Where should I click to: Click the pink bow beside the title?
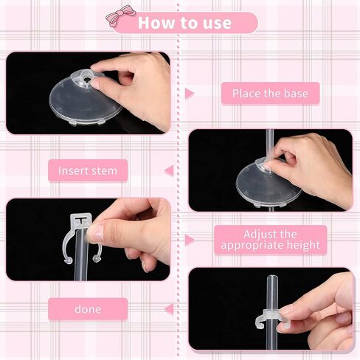120,15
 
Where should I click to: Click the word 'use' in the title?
217,23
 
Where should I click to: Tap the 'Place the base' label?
270,94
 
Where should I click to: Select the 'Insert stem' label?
88,170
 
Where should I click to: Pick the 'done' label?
88,309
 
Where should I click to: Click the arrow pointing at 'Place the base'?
190,94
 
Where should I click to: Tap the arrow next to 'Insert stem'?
169,170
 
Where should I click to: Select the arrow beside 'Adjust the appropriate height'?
190,240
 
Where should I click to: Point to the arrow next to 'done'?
169,309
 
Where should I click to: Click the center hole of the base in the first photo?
86,79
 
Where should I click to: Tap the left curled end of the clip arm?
68,260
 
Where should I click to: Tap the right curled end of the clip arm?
97,259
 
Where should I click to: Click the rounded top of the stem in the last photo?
272,278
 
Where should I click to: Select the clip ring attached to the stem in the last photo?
268,318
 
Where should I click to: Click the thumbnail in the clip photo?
98,232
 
